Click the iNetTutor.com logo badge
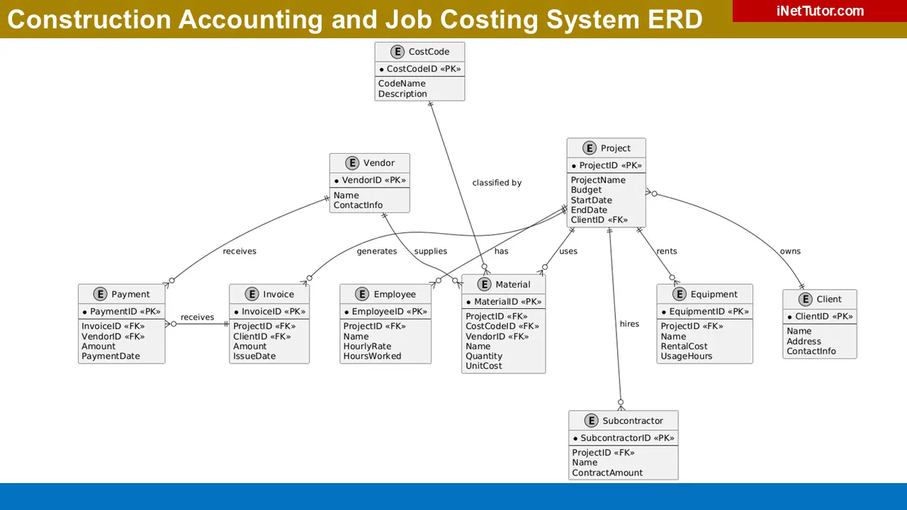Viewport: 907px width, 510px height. [819, 11]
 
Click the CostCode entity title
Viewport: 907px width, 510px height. [428, 52]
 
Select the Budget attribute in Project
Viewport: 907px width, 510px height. [586, 190]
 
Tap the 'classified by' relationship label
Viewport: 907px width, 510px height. [497, 183]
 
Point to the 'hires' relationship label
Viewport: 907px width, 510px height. [629, 324]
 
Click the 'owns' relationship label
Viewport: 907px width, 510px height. [790, 251]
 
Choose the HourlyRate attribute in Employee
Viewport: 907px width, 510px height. [367, 346]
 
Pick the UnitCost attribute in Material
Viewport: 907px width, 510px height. [483, 366]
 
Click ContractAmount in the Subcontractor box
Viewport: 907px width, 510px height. [607, 472]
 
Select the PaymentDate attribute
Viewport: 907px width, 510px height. [111, 356]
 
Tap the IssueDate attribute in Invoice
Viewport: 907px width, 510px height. [254, 356]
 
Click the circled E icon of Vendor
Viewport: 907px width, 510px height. [351, 163]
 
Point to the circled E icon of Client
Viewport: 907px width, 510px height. [804, 299]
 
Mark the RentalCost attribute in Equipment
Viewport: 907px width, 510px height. [684, 346]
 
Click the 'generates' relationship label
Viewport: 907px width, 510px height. [376, 251]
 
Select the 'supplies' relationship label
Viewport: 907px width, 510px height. [430, 251]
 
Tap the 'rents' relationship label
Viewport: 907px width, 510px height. [666, 251]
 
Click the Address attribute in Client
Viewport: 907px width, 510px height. [804, 341]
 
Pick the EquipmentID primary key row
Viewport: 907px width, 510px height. [704, 312]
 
